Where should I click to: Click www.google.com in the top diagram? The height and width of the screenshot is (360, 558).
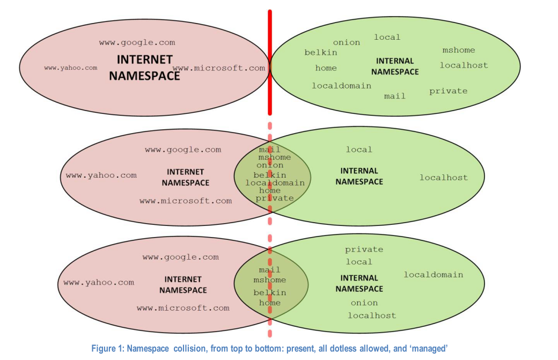click(137, 42)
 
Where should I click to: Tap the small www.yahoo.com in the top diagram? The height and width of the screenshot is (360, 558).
click(70, 68)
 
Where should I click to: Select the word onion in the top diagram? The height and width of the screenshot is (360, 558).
click(346, 42)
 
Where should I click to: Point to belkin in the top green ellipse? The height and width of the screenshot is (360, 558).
click(321, 53)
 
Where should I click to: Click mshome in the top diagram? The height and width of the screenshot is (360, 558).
click(458, 50)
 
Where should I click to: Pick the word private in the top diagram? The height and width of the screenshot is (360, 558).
click(448, 91)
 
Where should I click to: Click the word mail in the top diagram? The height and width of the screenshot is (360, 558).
click(394, 96)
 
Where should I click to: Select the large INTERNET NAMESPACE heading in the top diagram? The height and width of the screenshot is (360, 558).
click(144, 68)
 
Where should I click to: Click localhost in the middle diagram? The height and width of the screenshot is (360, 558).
click(443, 178)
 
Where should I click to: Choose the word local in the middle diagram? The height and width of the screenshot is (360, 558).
click(358, 150)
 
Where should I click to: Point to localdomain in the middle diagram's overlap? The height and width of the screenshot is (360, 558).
click(275, 183)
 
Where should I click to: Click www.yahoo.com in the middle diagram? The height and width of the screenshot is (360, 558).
click(101, 175)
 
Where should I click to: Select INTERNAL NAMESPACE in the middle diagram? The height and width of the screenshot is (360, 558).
click(359, 177)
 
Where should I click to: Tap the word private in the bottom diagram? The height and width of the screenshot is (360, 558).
click(364, 249)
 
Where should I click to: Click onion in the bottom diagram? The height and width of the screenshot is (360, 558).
click(364, 303)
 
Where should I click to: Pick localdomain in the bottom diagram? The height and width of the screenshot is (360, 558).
click(433, 275)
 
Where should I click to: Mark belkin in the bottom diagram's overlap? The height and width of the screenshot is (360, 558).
click(269, 293)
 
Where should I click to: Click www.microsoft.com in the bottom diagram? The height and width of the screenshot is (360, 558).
click(182, 308)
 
